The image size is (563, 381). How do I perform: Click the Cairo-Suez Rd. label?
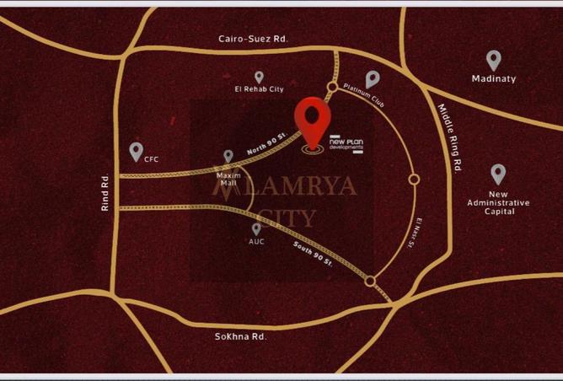tap(253, 39)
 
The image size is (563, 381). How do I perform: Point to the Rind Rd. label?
tap(106, 193)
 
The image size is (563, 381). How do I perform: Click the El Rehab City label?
tap(259, 89)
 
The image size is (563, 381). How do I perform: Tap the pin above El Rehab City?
tap(259, 77)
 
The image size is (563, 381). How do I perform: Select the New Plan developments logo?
tap(346, 142)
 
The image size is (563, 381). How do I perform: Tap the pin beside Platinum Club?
tap(372, 79)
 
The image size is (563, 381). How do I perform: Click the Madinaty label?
tap(494, 79)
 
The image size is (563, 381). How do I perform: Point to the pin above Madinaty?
tap(494, 60)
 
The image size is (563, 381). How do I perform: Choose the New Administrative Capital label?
tap(498, 202)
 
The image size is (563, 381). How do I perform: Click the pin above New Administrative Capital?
tap(498, 174)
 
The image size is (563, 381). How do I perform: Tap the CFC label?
tap(152, 158)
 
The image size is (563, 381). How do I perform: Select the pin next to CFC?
tap(136, 152)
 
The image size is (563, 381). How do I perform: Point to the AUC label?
tap(256, 242)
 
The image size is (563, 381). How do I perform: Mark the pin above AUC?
tap(256, 228)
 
